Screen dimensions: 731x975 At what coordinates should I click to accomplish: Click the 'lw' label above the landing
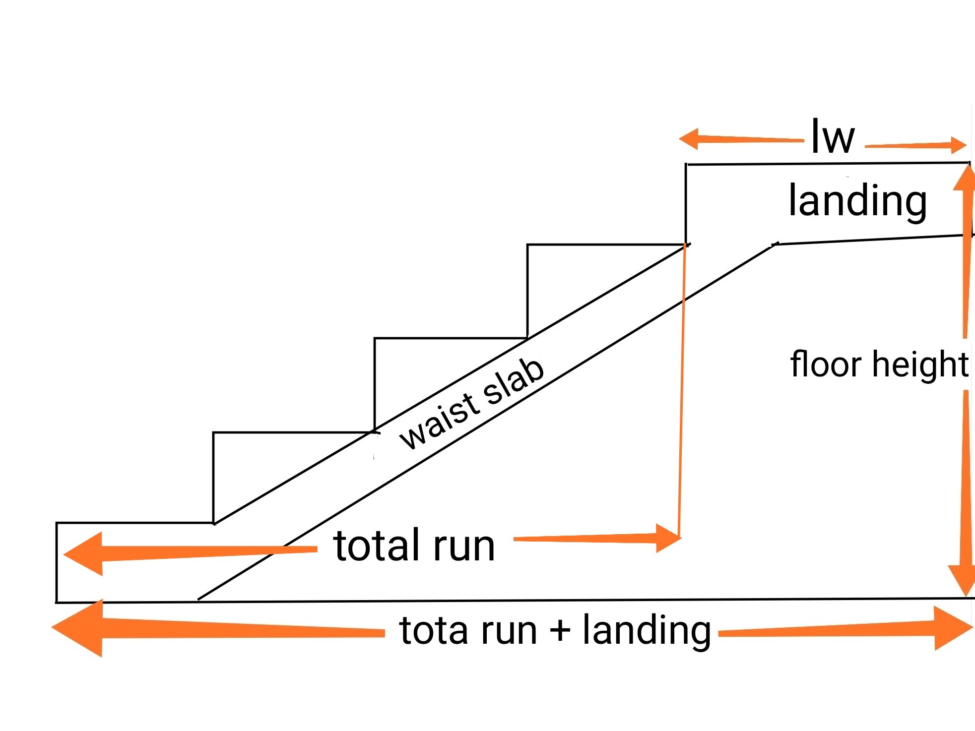833,137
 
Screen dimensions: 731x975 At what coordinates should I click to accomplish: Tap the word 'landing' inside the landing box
857,200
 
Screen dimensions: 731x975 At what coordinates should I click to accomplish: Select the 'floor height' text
878,365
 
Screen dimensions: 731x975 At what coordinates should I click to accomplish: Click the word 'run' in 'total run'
464,547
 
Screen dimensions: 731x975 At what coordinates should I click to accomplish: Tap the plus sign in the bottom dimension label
560,631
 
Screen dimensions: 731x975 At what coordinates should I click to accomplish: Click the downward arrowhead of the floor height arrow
965,580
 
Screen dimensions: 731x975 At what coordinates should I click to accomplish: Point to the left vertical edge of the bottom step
57,562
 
